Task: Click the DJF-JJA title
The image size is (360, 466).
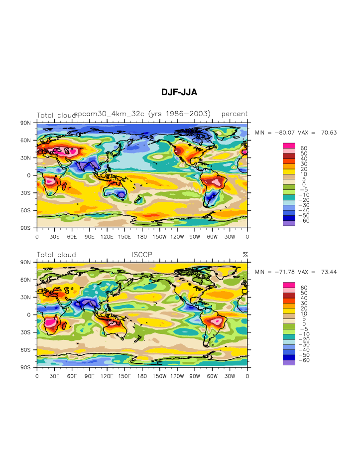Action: [x=179, y=92]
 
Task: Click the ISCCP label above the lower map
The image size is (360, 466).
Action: [x=142, y=255]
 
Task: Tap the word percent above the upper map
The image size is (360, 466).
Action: [x=235, y=114]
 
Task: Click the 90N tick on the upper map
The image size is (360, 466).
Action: [x=25, y=123]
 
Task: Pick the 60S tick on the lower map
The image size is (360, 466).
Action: [x=25, y=350]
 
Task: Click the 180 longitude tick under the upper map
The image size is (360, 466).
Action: [x=142, y=237]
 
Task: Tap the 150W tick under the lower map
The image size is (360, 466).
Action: [x=159, y=376]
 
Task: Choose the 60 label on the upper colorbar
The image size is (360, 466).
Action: [x=304, y=148]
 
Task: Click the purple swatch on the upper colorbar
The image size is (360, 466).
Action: [x=289, y=223]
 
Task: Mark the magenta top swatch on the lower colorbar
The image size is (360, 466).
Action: [x=289, y=285]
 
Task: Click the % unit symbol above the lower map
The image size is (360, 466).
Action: [x=245, y=255]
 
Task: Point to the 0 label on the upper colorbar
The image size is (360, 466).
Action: [x=304, y=184]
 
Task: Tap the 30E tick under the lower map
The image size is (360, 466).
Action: [x=54, y=376]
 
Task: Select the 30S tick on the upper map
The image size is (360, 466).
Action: [x=25, y=193]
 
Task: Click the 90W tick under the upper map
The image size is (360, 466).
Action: [x=195, y=237]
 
